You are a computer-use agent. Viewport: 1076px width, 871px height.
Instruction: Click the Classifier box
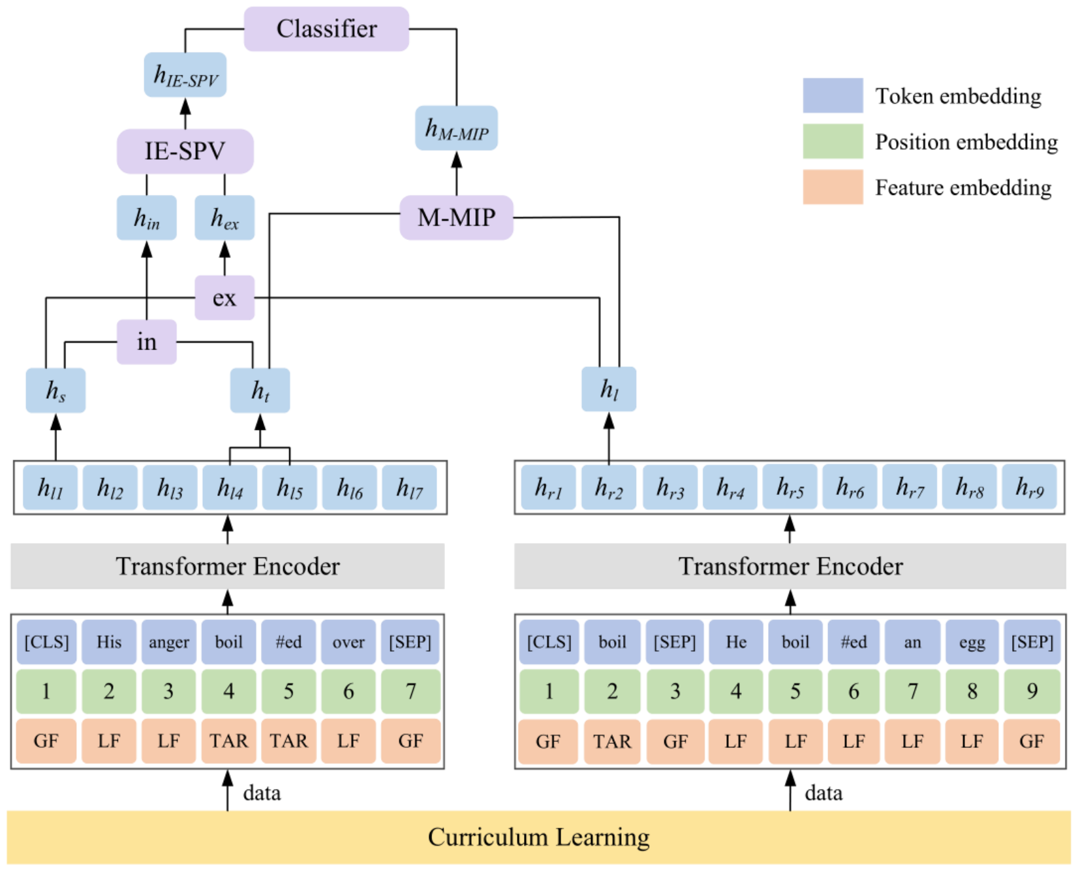(326, 29)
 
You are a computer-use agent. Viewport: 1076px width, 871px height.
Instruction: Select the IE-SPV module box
(185, 151)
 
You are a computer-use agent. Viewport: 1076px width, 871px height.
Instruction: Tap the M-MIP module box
(456, 217)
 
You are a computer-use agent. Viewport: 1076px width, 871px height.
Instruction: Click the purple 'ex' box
(224, 298)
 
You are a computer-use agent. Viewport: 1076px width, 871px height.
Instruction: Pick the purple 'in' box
(147, 342)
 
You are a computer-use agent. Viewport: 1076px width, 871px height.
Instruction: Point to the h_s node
(55, 391)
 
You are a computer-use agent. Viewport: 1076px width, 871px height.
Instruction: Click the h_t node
(260, 391)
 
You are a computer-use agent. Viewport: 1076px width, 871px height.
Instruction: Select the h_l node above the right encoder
(609, 389)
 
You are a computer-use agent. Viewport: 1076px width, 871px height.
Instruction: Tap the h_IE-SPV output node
(185, 75)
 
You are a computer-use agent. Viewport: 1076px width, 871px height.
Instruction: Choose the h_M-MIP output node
(456, 128)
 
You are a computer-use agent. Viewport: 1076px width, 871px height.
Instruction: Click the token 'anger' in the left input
(169, 642)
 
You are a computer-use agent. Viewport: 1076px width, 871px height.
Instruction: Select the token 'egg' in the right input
(972, 642)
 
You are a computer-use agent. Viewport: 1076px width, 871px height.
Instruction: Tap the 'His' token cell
(109, 642)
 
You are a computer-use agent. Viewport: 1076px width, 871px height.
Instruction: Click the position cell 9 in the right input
(1032, 691)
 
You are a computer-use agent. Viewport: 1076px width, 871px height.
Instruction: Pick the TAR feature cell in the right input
(612, 741)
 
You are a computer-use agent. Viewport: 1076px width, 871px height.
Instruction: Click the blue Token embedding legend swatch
(833, 96)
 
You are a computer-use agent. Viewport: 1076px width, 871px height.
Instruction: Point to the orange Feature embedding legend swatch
(833, 187)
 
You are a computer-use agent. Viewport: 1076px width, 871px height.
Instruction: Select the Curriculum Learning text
(538, 837)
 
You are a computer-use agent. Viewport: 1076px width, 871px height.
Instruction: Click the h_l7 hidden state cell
(409, 488)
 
